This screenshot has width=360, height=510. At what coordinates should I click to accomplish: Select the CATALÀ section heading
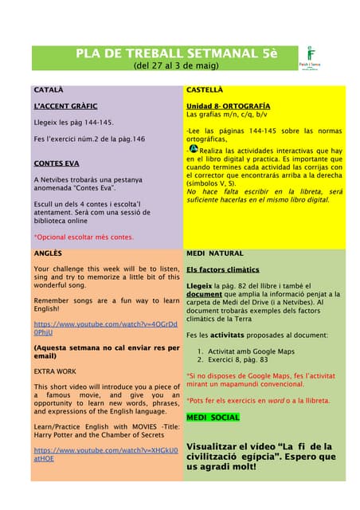(49, 90)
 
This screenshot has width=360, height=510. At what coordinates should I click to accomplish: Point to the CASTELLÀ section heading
(205, 90)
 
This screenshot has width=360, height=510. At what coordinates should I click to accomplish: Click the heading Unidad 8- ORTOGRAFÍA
(228, 106)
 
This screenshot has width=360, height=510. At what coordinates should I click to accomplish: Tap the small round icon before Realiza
(194, 148)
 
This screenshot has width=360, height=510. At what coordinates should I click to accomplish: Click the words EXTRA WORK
(56, 371)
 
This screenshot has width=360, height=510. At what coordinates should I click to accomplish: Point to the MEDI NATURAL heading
(215, 253)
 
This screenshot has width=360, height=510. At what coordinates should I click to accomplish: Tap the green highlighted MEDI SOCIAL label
(213, 417)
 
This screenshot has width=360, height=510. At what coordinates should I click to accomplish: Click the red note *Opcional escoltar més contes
(84, 237)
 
